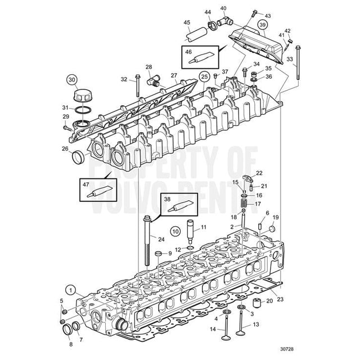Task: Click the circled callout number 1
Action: [70, 290]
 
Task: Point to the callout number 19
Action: [276, 217]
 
